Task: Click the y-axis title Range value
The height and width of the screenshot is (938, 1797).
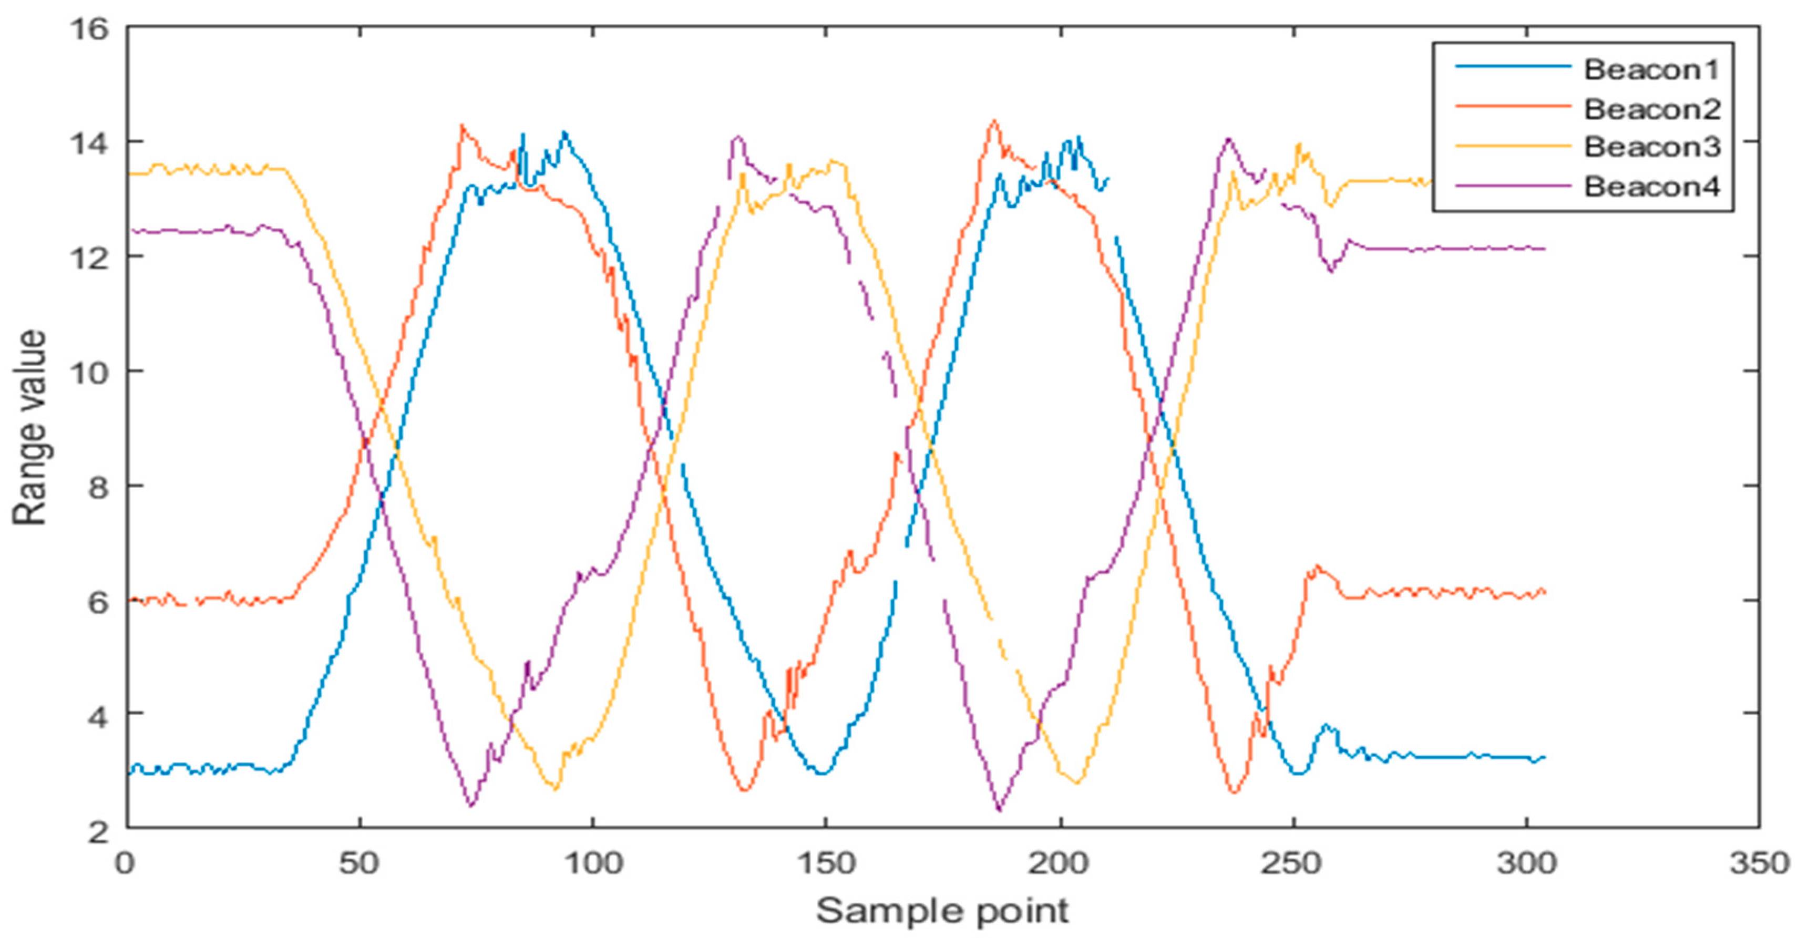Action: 29,428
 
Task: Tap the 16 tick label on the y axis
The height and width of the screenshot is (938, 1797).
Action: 89,29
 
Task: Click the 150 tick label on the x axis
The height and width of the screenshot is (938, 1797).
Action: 826,864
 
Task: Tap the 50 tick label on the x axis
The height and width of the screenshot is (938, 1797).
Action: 360,864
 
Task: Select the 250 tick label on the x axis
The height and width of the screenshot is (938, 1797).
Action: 1292,864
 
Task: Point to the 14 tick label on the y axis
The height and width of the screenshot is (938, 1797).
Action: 89,143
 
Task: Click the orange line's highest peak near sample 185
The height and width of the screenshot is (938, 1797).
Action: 993,121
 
